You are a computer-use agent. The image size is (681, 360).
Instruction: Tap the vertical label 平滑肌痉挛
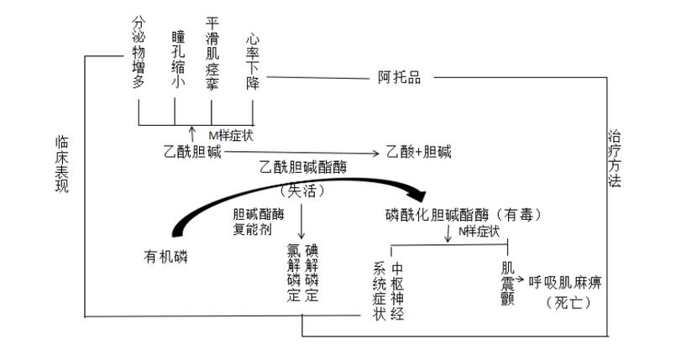212,53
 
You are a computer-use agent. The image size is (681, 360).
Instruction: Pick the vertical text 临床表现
60,163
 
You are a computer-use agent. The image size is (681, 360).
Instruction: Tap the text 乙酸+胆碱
418,152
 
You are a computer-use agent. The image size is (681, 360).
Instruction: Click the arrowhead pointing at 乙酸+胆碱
375,153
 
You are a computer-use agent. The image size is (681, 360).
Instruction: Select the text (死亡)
567,301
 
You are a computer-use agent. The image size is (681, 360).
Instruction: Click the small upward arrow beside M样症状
192,133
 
